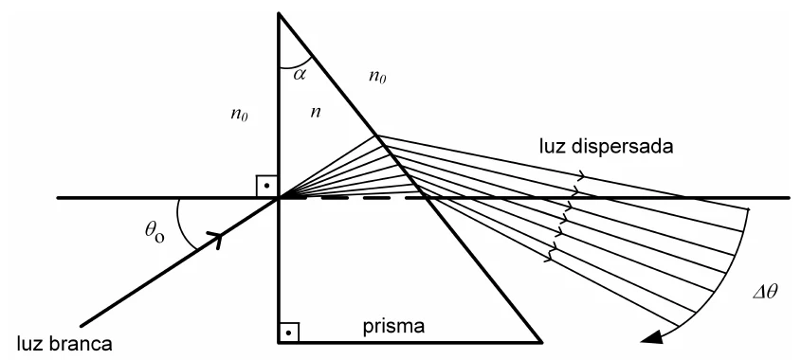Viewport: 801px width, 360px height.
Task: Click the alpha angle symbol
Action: click(x=300, y=74)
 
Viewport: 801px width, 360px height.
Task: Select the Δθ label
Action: click(x=765, y=292)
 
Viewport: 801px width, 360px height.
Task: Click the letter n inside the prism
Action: click(x=316, y=112)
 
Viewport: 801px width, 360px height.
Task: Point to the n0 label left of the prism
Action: click(x=239, y=114)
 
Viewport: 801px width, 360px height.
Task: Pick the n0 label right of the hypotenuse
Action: click(x=377, y=77)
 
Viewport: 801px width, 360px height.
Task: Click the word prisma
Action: click(x=393, y=327)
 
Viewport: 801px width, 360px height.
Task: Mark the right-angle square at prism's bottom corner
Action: click(x=288, y=333)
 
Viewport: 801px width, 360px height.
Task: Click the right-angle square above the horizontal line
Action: click(x=266, y=187)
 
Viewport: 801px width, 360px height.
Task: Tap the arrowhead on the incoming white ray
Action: click(x=215, y=239)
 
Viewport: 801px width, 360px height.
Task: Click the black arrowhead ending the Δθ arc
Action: click(x=652, y=336)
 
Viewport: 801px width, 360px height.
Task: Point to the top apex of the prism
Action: click(x=279, y=14)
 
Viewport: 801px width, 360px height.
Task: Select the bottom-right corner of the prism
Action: click(x=541, y=342)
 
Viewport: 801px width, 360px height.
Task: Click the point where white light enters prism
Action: click(x=279, y=198)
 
